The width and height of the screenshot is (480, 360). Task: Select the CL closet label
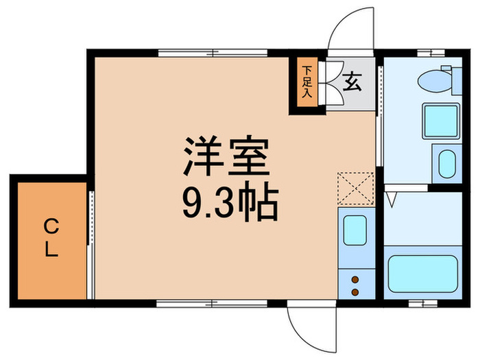pos(51,237)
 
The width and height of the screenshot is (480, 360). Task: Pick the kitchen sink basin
pos(355,230)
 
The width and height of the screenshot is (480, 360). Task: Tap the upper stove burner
pos(355,280)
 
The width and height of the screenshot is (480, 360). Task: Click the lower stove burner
pos(355,291)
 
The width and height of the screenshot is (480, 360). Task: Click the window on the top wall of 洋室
pos(213,53)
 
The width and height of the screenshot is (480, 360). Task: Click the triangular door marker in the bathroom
pos(392,200)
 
